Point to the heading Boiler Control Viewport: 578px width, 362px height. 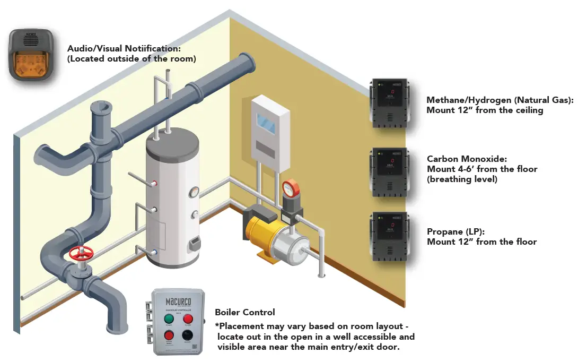[x=244, y=312]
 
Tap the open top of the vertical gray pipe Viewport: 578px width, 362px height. [x=101, y=108]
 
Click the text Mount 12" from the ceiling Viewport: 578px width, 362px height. [x=485, y=110]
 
